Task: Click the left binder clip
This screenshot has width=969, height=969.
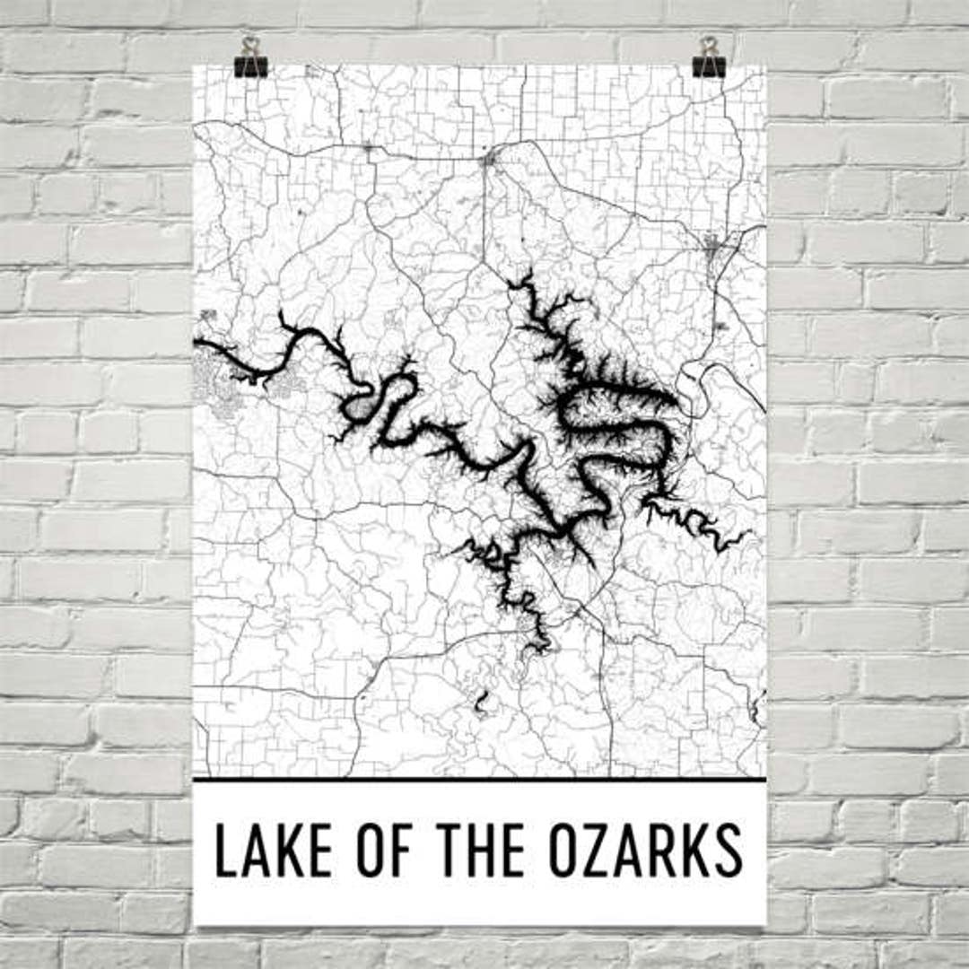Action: pos(250,59)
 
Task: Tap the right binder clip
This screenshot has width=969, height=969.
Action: pos(709,59)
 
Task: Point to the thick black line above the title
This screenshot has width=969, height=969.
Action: pos(479,780)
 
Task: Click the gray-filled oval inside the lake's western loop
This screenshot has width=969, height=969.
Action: pos(362,409)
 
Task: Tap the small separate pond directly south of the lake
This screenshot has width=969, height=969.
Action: pos(481,703)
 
